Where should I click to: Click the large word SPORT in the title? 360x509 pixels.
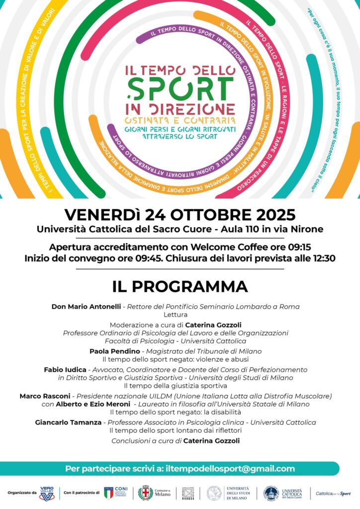[x=180, y=88]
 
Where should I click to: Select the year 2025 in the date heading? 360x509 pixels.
[x=270, y=215]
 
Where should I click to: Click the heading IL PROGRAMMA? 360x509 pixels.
[x=180, y=287]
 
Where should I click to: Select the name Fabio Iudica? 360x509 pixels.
[x=65, y=370]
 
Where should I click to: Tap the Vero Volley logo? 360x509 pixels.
[x=47, y=493]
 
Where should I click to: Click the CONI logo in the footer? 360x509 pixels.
[x=116, y=493]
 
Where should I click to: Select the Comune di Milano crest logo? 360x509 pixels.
[x=145, y=493]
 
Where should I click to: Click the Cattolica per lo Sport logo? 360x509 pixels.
[x=334, y=494]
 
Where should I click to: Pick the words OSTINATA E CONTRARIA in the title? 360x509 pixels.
[x=180, y=121]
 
